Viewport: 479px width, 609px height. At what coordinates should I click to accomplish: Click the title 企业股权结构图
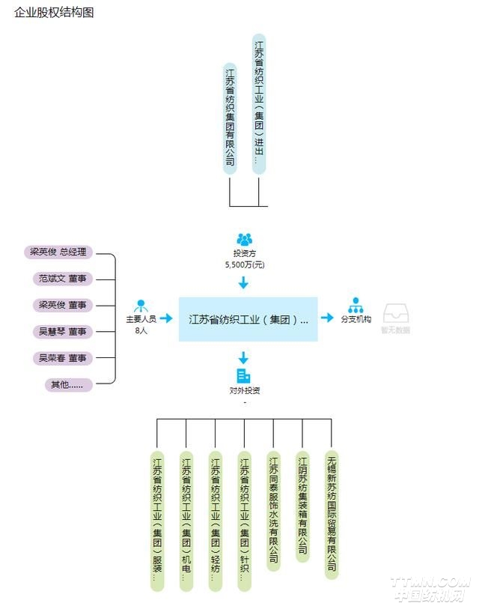54,13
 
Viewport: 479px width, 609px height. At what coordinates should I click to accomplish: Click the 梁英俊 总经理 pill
58,252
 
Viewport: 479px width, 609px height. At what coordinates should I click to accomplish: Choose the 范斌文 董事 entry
63,279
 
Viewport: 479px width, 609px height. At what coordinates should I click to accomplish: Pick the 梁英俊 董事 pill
63,305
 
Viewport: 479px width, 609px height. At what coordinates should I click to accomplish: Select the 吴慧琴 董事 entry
63,331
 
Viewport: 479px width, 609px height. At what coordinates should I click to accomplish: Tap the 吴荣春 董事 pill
63,358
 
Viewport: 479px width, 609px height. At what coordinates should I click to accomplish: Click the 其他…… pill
68,385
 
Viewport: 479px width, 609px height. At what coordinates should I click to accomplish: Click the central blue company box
248,319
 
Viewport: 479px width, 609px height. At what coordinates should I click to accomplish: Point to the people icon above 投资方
244,239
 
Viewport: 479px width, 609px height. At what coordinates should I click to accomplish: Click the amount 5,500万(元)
244,264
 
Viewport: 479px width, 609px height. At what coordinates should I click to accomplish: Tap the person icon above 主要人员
140,306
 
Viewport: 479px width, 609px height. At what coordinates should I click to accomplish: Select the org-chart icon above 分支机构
356,306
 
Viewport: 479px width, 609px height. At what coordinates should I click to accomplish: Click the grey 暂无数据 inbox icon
394,313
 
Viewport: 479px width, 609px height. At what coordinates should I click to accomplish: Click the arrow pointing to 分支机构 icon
327,318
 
